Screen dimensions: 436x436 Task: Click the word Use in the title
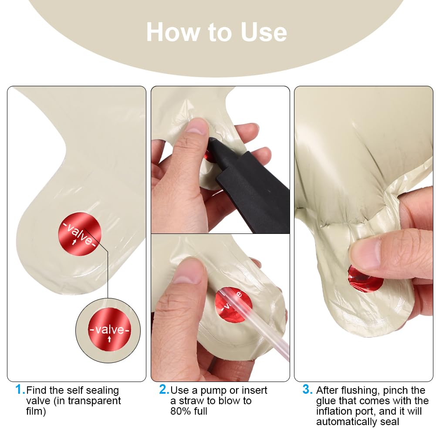[264, 32]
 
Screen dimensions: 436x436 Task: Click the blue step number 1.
[20, 389]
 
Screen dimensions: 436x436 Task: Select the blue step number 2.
[164, 389]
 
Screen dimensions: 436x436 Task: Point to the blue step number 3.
[307, 389]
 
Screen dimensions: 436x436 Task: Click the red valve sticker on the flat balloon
[80, 234]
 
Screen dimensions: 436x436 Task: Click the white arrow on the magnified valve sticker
[109, 339]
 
